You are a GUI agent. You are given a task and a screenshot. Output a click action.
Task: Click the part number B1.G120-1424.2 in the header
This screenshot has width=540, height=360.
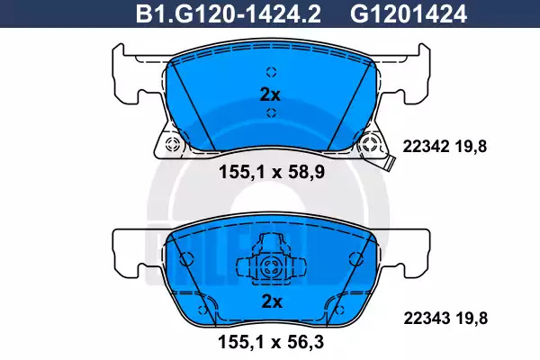click(x=229, y=14)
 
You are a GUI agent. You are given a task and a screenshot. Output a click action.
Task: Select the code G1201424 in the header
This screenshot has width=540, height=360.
click(x=409, y=14)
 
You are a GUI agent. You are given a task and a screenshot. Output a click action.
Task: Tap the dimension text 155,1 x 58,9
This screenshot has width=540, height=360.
click(x=272, y=172)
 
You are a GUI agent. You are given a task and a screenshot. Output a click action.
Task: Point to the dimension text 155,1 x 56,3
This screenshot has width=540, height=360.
click(x=271, y=342)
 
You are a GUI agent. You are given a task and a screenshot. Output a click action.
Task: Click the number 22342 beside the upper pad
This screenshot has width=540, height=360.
click(x=426, y=147)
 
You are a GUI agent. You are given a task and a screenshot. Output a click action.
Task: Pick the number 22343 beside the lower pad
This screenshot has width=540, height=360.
click(x=427, y=319)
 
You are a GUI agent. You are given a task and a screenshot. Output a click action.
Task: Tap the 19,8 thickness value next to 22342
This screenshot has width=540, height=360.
click(x=471, y=147)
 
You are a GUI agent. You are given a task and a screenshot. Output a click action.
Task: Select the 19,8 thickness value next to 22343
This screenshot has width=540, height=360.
click(x=472, y=319)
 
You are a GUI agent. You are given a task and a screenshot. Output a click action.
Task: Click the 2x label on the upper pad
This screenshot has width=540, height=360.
click(x=270, y=94)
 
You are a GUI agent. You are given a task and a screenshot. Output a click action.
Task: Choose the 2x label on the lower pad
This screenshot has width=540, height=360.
click(x=272, y=301)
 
